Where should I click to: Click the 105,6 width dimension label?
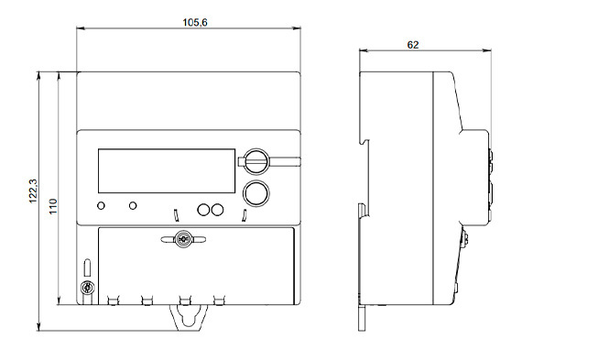195,23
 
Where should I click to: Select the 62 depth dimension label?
413,45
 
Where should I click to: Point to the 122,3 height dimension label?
33,191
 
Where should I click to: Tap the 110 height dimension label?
53,206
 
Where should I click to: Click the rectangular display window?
167,171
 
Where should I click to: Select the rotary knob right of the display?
256,162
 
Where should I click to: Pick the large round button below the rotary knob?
256,193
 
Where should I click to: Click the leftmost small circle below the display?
101,206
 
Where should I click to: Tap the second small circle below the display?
133,206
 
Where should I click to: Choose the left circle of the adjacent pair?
203,210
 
